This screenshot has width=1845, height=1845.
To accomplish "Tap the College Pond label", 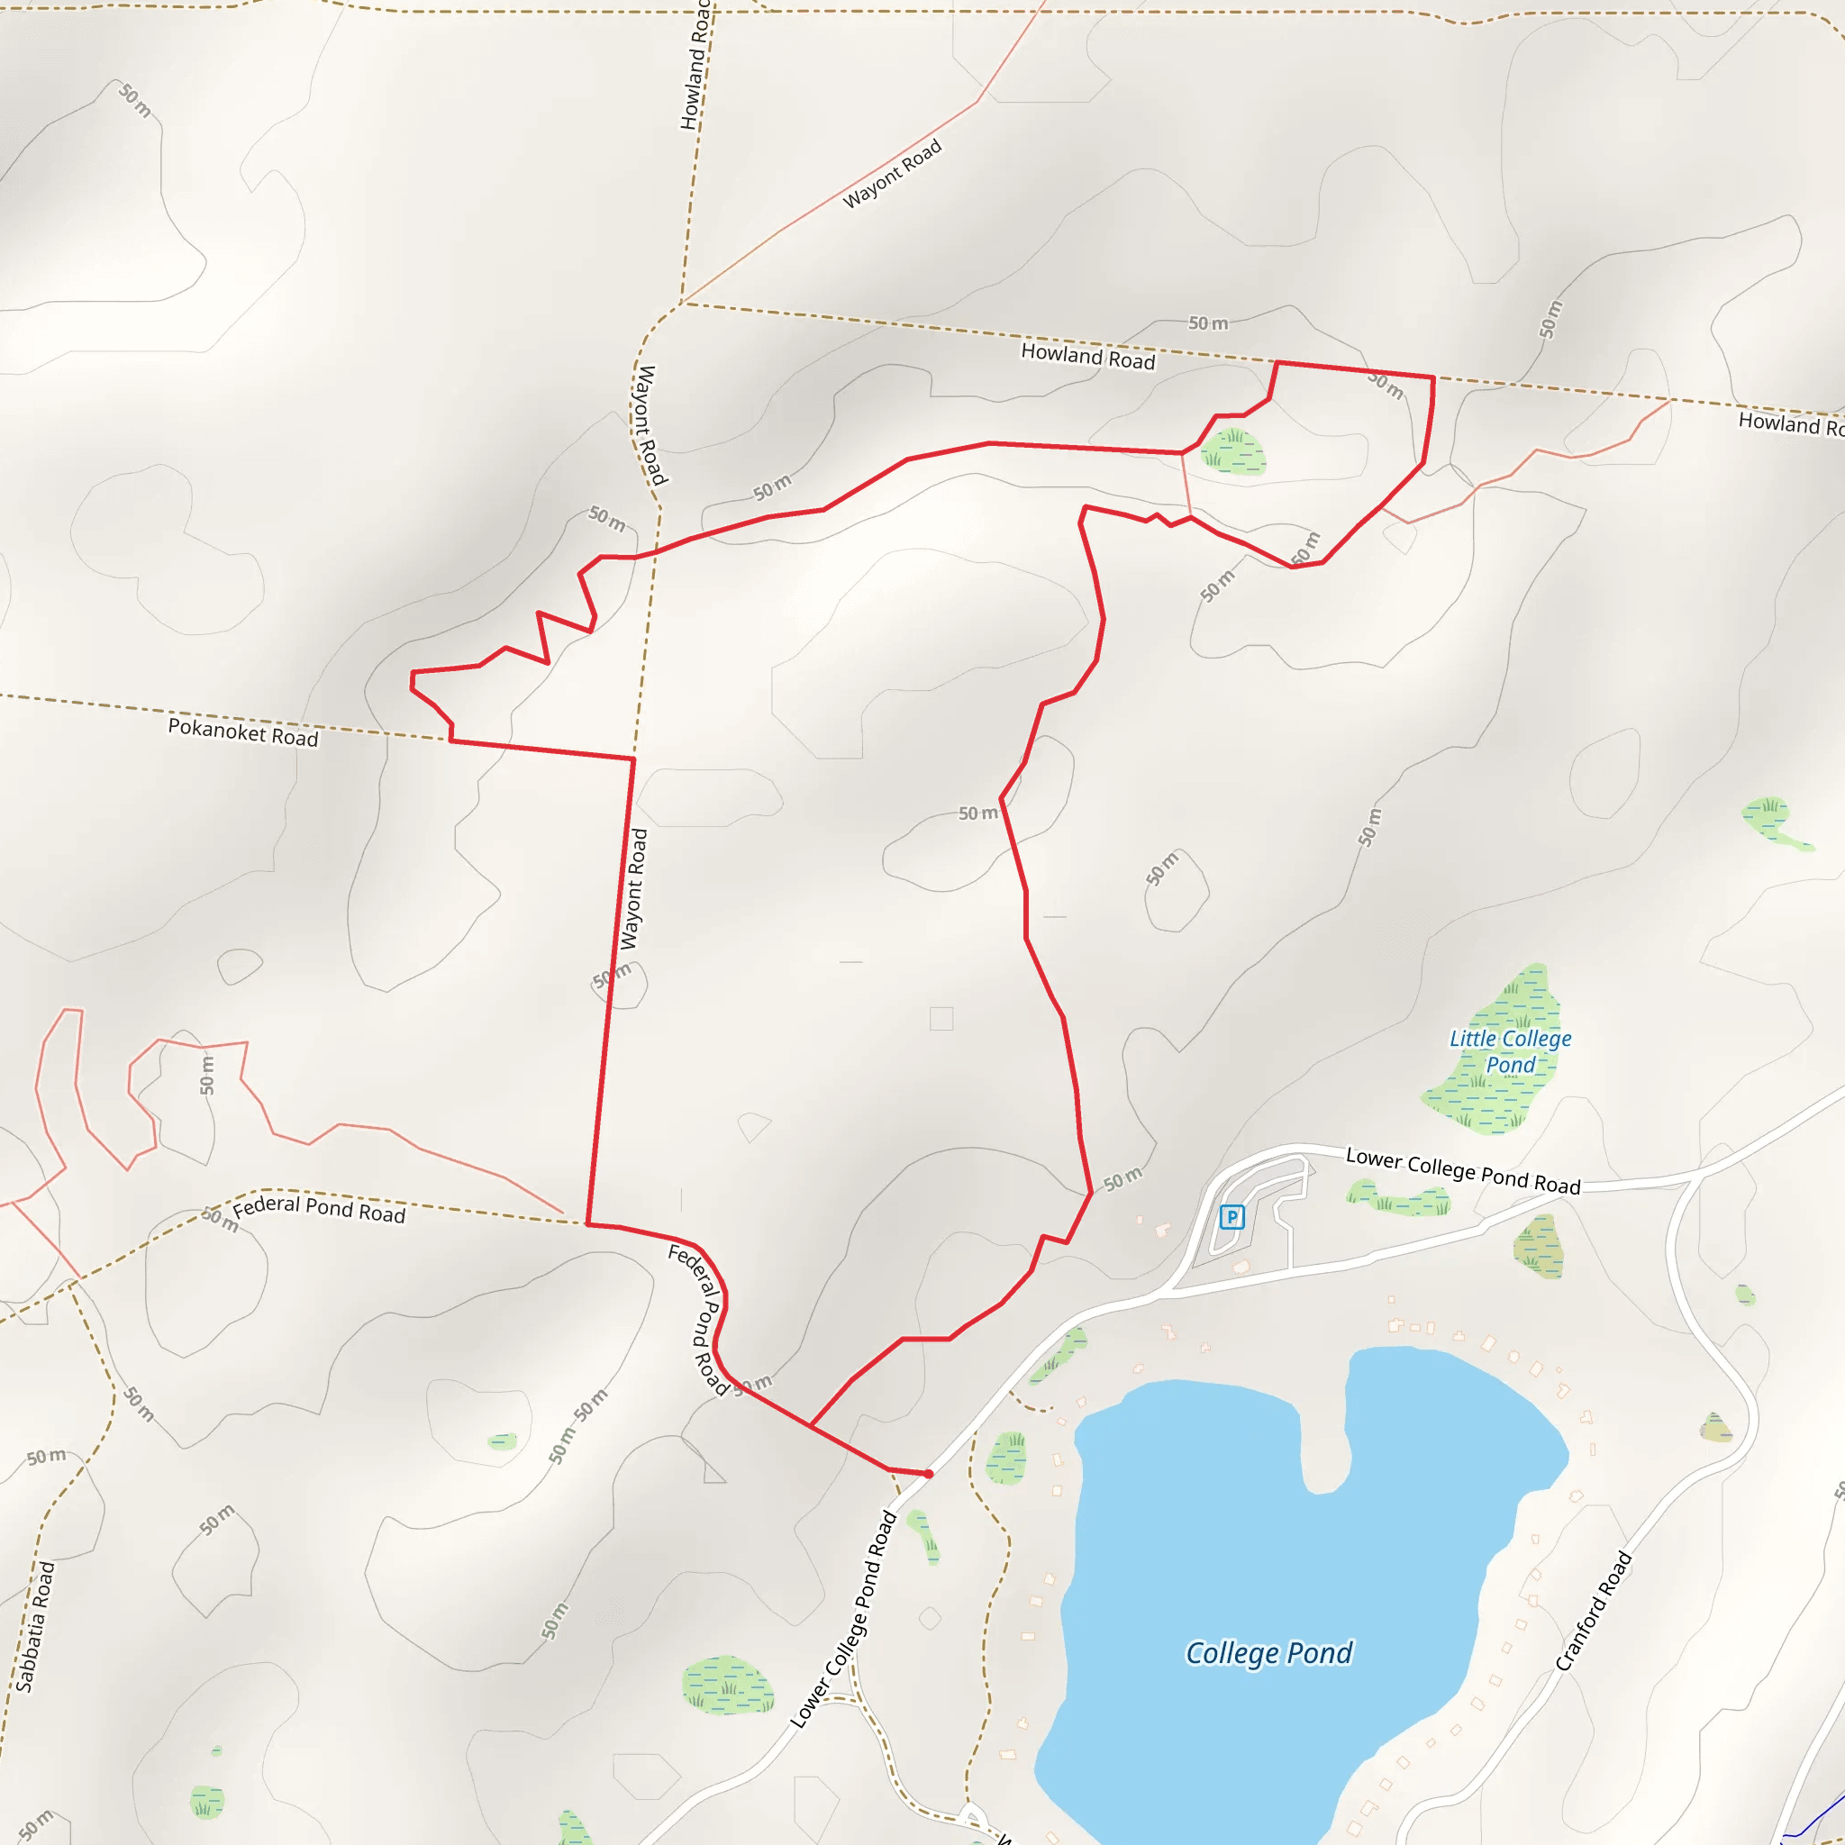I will [x=1269, y=1653].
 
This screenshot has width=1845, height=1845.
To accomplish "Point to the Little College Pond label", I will [x=1510, y=1051].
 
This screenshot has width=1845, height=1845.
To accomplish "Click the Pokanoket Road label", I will [x=242, y=732].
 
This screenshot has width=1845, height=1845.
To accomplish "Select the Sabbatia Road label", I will [x=36, y=1627].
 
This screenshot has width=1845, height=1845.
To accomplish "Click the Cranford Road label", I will [x=1594, y=1612].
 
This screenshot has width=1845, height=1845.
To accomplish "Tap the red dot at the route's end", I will [x=928, y=1475].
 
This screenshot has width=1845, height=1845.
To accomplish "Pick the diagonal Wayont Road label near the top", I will [x=892, y=174].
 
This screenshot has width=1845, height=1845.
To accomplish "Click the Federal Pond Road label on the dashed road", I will [x=319, y=1209].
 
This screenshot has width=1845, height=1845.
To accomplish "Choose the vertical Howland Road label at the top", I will [x=695, y=65].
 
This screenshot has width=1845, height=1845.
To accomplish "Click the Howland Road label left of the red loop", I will [x=1087, y=357].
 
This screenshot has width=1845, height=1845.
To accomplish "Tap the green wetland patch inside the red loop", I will [x=1234, y=451].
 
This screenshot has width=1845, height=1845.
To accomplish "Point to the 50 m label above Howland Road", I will [x=1208, y=323].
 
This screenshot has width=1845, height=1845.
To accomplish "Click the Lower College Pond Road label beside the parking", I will [x=1463, y=1172].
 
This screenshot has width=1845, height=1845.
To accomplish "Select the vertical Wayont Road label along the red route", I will [x=633, y=889].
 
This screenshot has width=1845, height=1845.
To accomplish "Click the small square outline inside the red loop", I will [x=941, y=1019].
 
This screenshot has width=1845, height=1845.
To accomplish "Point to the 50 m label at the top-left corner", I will [x=134, y=100].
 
